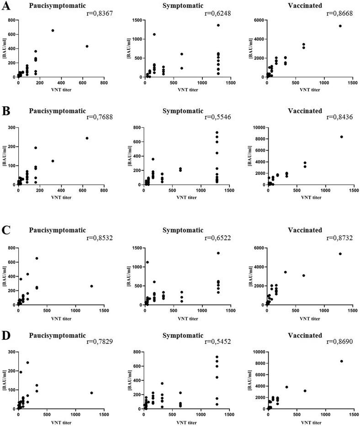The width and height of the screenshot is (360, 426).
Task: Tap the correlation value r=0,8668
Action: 339,14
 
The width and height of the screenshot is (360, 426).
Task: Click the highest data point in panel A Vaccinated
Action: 340,26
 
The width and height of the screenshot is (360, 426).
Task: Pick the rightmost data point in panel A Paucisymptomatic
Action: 87,46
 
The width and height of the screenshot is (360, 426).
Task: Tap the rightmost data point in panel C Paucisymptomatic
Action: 92,286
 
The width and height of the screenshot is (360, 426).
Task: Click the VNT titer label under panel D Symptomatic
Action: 186,421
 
